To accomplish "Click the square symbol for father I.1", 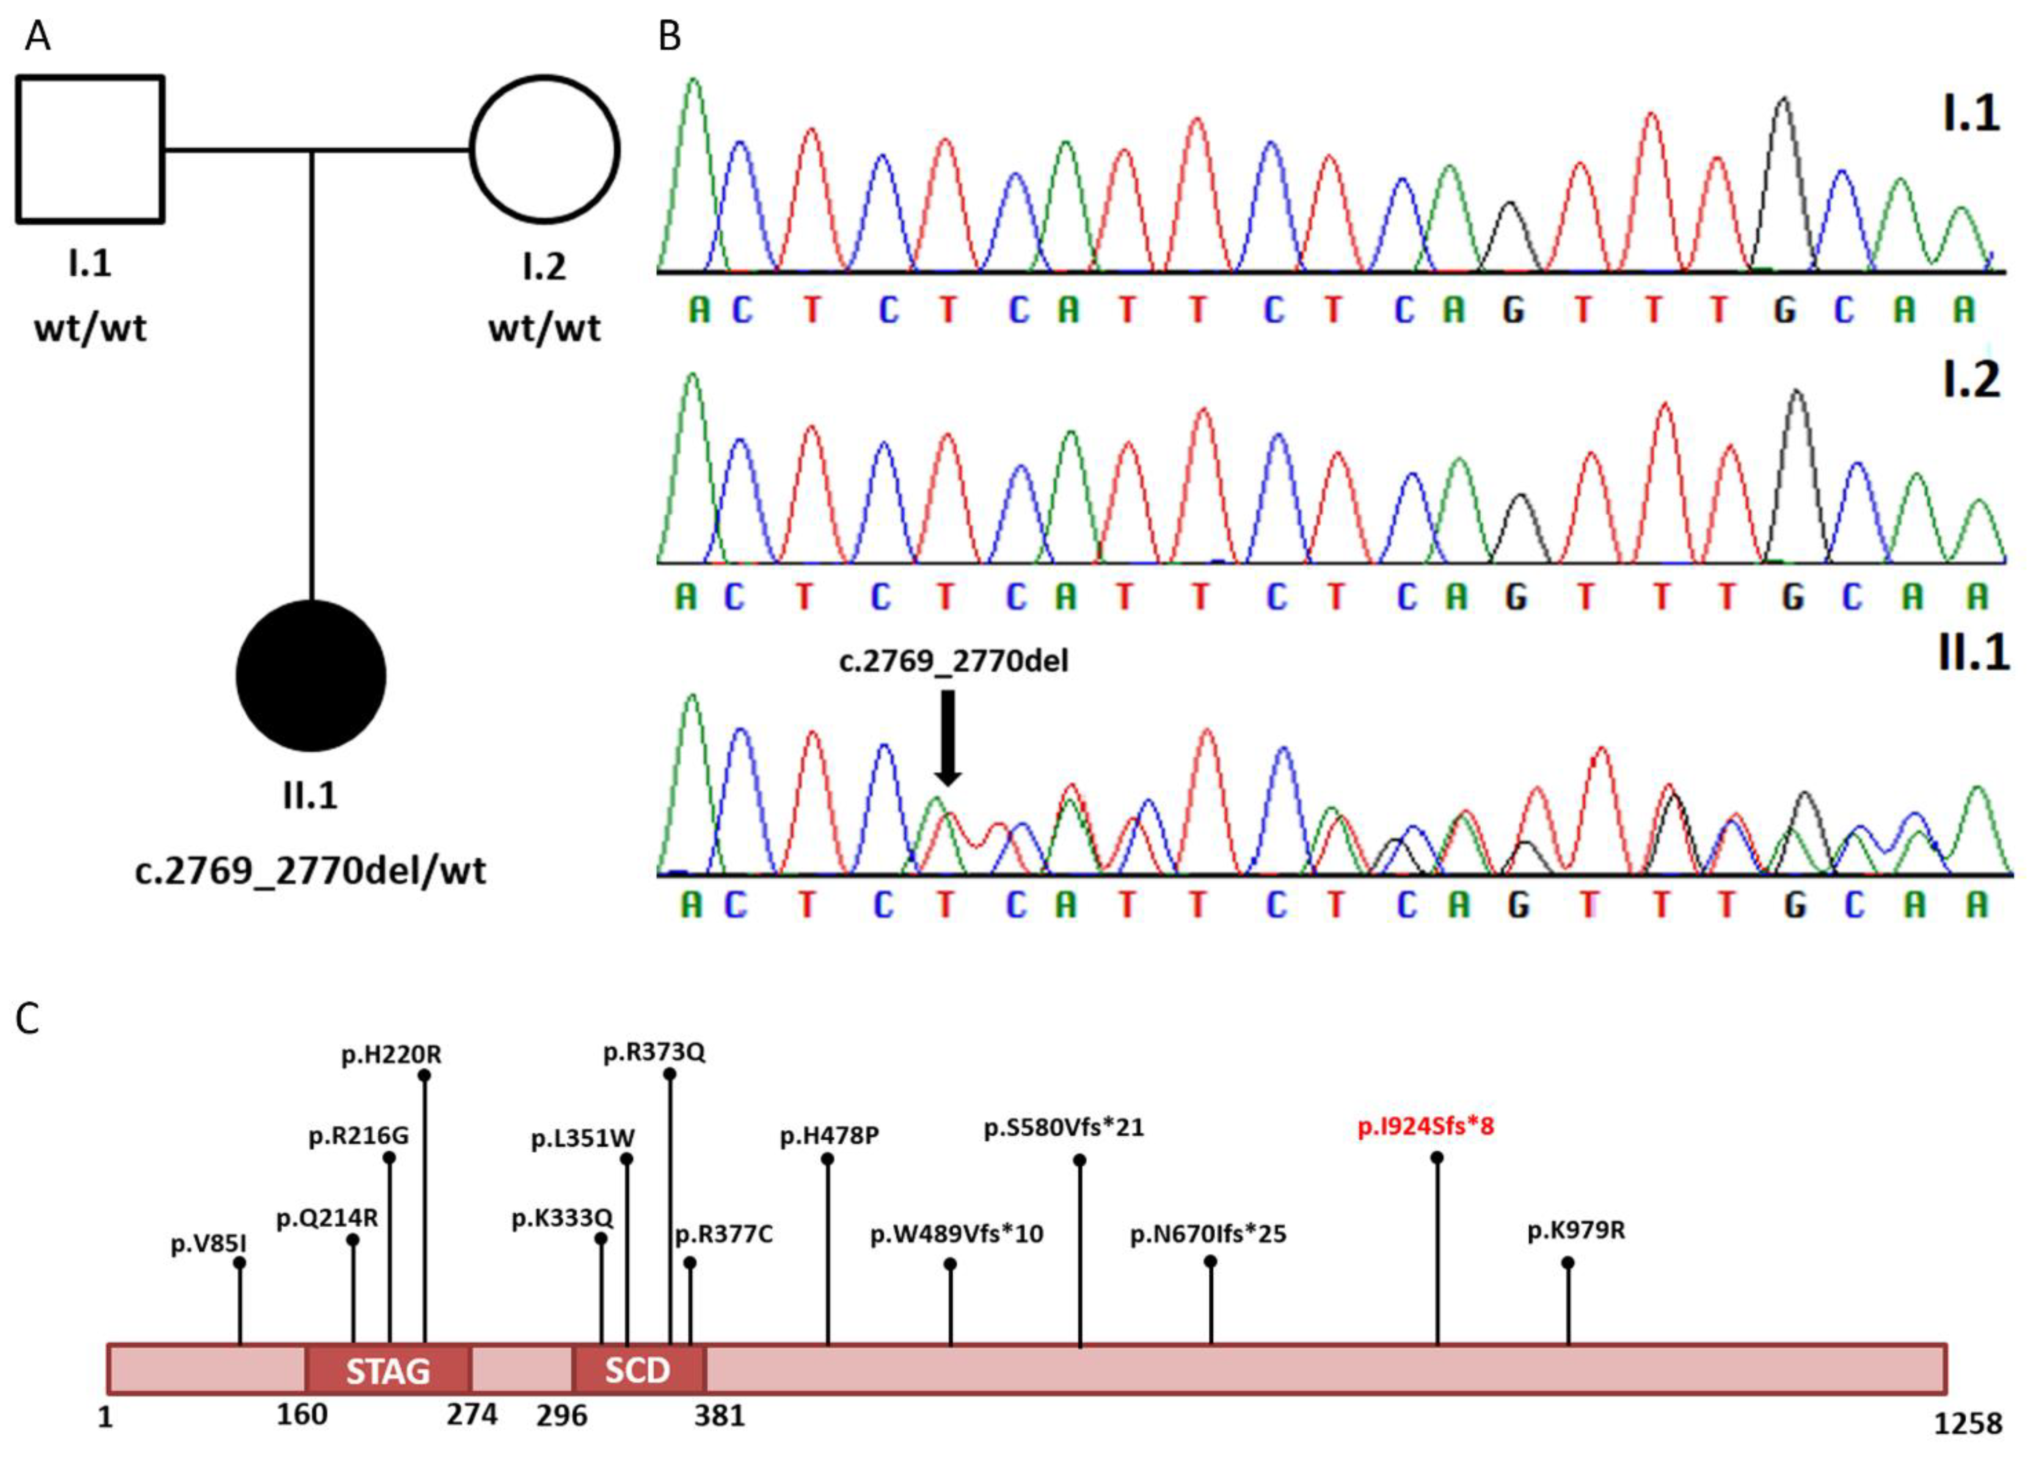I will [x=90, y=149].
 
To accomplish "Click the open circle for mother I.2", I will [x=545, y=149].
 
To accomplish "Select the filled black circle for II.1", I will [x=311, y=675].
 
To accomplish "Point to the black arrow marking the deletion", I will [x=948, y=736].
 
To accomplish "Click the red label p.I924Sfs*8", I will [x=1426, y=1126].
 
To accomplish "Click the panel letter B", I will [x=670, y=36].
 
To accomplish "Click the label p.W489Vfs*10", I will [x=957, y=1234].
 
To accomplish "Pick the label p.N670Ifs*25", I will [x=1208, y=1234].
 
